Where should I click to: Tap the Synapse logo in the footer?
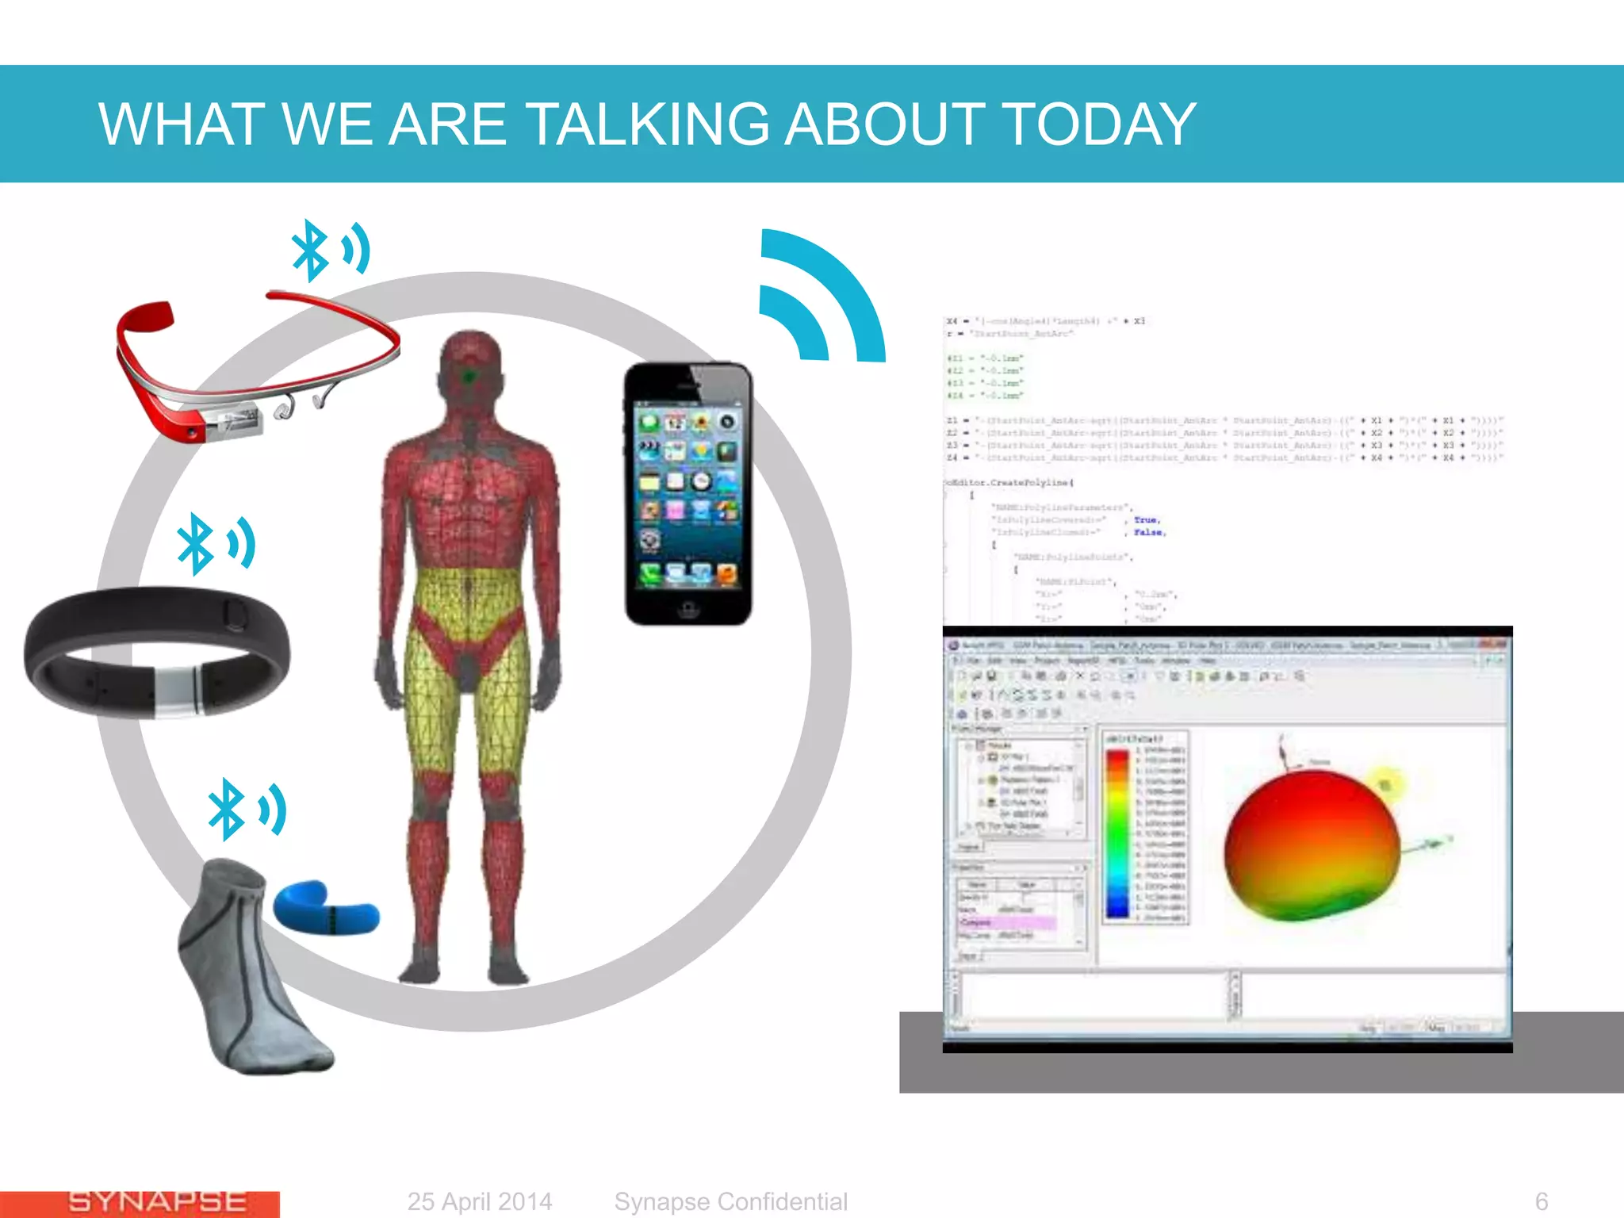[157, 1202]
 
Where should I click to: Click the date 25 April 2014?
[480, 1201]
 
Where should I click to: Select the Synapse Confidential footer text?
[730, 1201]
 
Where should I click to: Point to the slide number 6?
[1541, 1201]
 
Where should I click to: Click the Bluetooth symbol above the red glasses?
[310, 251]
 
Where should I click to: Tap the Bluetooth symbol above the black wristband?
[196, 544]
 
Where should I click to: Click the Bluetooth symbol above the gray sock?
[226, 809]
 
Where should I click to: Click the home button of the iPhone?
[688, 608]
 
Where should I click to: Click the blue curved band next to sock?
[325, 909]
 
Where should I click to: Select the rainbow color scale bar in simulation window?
[1117, 833]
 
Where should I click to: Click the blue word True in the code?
[1146, 520]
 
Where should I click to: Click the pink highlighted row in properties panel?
[1007, 922]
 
